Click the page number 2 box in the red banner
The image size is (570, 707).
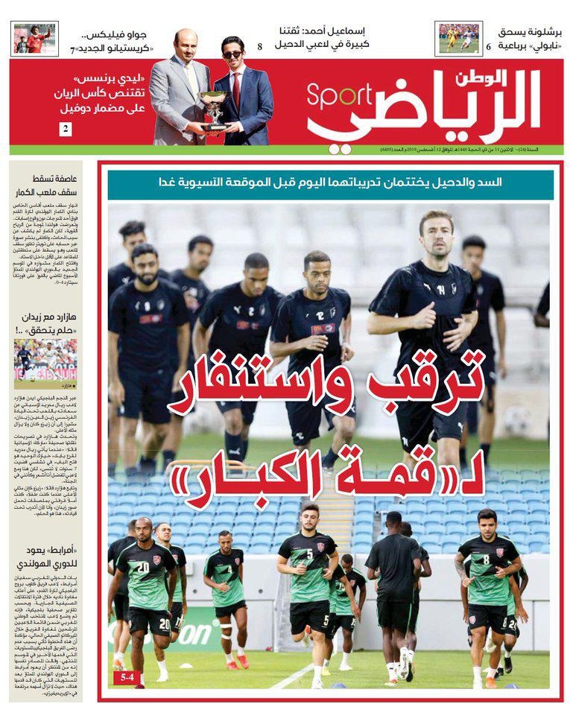(66, 129)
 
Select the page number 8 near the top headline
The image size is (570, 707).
(259, 46)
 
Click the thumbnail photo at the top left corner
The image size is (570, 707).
(35, 39)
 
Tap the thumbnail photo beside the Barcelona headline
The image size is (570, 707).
(458, 39)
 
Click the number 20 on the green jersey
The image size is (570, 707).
(143, 568)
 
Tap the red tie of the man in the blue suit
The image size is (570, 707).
(236, 86)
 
